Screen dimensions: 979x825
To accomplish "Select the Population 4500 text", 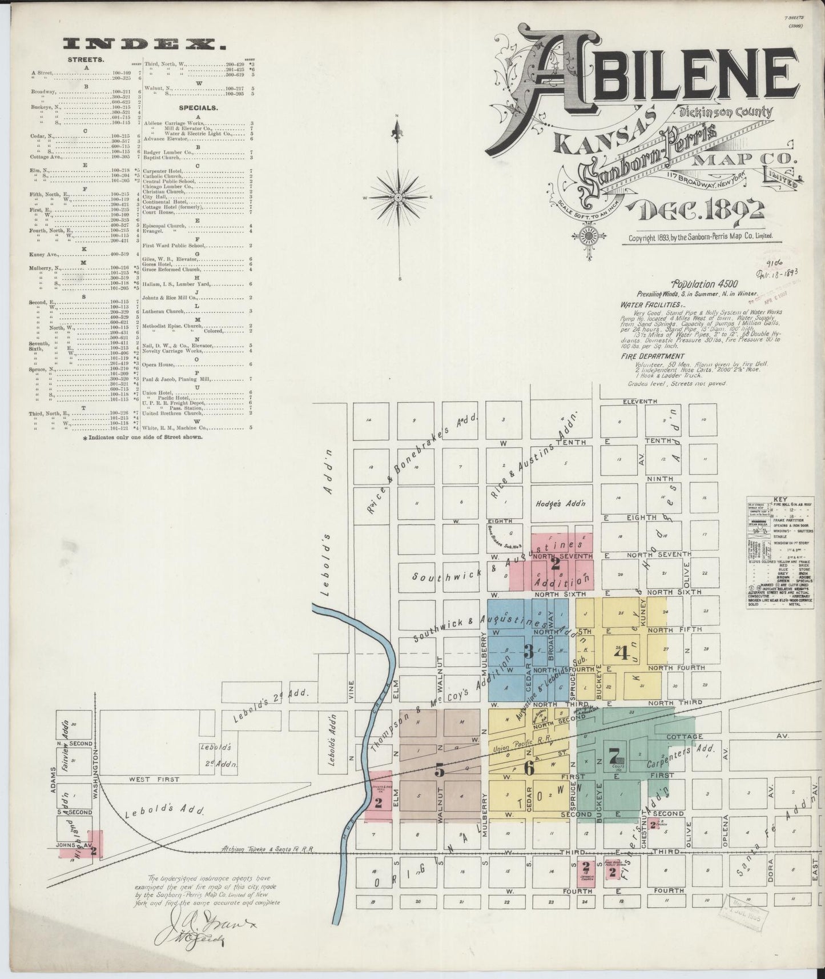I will point(705,283).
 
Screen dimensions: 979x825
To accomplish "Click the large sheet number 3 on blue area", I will point(528,651).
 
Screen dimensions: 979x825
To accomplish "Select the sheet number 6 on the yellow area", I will point(529,768).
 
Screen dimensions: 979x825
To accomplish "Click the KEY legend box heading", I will point(779,499).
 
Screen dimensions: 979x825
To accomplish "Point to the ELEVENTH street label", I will point(641,402).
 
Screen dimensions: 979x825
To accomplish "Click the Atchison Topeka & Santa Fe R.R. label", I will point(268,849).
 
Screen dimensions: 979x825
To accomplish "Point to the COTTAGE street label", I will point(686,737).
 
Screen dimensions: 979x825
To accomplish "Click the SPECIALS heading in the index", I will point(198,107).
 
